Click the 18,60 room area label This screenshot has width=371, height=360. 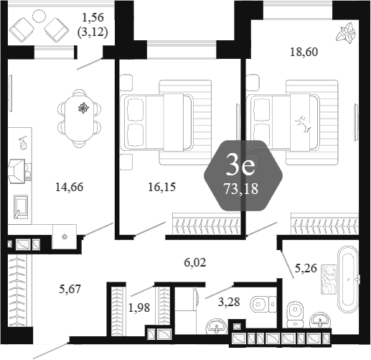304,52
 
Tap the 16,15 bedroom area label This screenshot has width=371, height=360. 162,187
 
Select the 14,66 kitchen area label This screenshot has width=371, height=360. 70,187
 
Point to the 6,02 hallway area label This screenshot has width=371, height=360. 195,263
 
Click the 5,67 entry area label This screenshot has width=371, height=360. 70,289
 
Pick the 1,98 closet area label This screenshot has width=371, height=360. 139,308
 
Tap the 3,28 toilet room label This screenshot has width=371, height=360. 229,302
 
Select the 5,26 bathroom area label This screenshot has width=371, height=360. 306,268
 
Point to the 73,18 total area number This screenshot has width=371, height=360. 241,189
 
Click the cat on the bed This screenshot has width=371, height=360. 303,123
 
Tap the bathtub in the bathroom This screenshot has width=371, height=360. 348,280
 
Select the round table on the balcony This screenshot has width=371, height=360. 39,17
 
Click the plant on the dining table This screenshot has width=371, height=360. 83,107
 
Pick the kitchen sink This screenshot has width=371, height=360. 21,206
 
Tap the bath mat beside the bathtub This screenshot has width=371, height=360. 329,280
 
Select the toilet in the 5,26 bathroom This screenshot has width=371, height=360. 295,314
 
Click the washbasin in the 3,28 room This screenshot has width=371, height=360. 217,326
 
